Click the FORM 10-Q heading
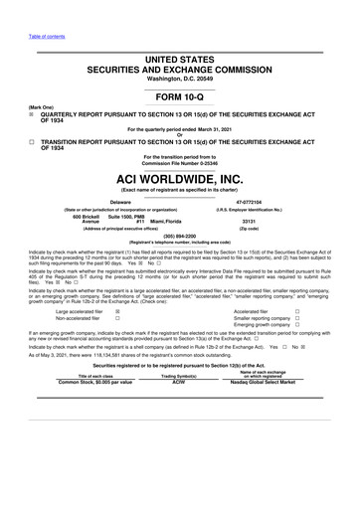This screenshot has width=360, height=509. coord(179,96)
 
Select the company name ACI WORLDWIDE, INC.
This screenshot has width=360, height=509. coord(179,178)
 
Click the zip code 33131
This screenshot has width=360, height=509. coord(276,221)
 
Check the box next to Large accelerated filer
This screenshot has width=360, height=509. coord(118,311)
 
